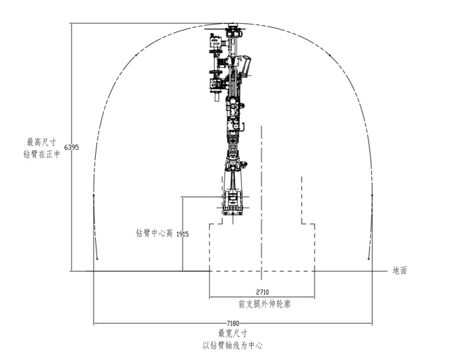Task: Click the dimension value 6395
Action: coord(71,147)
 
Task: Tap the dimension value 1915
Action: coord(182,234)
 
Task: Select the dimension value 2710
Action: coord(262,292)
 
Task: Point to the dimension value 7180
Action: coord(233,323)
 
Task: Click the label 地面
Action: coord(400,271)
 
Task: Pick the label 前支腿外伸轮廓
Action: coord(264,304)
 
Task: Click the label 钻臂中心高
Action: coord(154,233)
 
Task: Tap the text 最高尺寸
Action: coord(42,142)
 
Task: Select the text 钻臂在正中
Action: coord(42,154)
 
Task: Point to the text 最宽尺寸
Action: coord(233,333)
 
